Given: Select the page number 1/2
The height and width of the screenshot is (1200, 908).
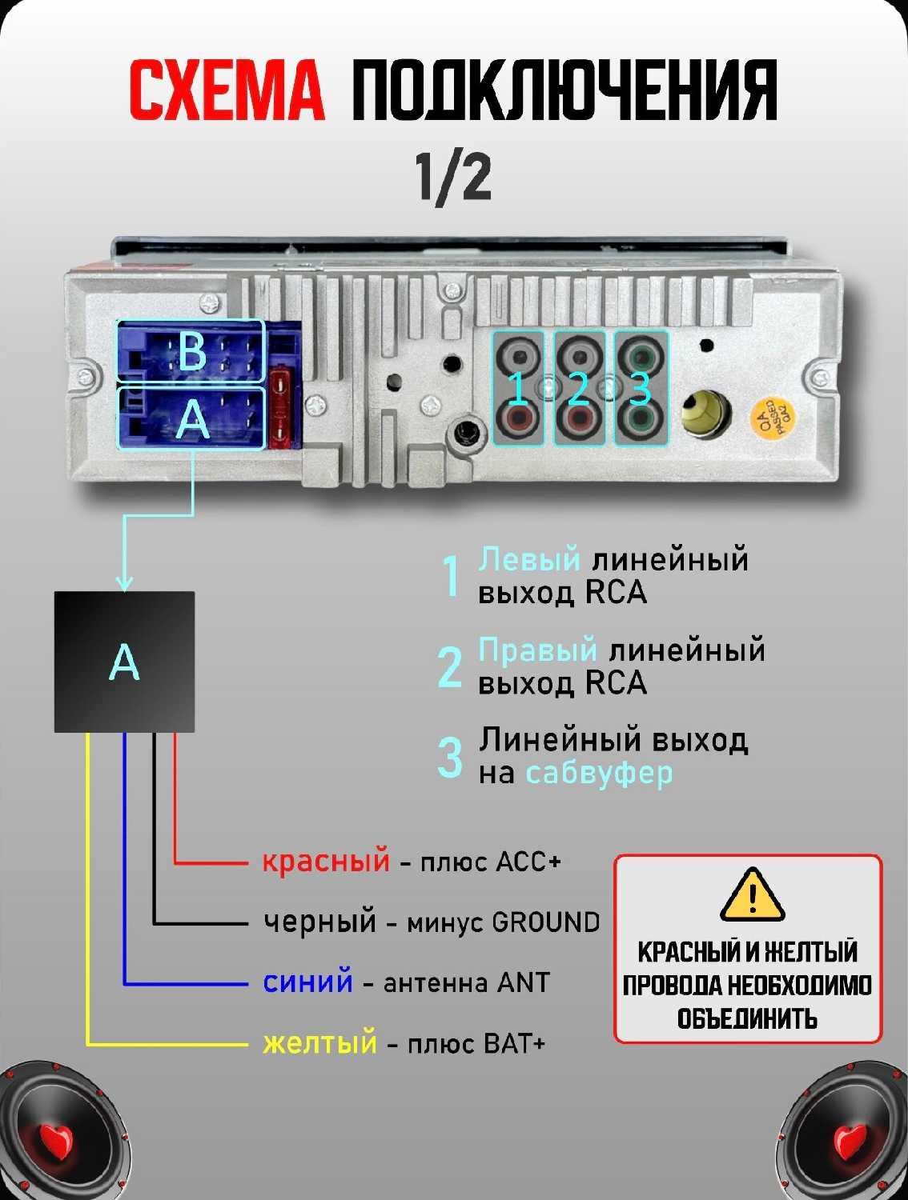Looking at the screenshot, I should [453, 178].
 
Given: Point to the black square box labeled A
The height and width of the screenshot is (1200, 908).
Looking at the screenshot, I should [124, 662].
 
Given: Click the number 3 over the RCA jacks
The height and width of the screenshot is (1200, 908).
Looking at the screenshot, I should [641, 389].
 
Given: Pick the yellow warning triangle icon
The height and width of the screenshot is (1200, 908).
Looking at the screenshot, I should [752, 894].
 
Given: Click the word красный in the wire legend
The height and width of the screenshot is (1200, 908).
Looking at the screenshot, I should [326, 861].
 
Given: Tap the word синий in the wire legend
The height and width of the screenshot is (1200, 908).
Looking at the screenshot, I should [307, 982].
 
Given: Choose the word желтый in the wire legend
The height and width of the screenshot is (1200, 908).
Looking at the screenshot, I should [319, 1043].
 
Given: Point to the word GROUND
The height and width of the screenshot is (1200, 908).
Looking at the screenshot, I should [546, 922].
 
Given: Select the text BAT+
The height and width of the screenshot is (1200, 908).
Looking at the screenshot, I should [515, 1043].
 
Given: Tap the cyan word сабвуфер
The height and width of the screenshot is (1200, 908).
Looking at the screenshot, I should [599, 773].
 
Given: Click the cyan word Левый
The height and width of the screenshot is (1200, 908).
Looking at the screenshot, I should [529, 558].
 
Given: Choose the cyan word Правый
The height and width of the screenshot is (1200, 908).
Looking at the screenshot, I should [537, 650].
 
